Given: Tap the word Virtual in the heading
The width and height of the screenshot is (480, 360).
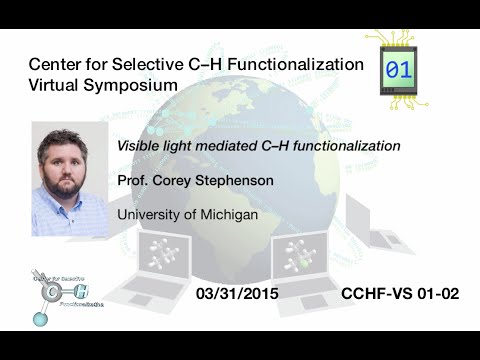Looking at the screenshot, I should (58, 86).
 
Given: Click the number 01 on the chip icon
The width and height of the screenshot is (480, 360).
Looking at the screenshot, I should (399, 70).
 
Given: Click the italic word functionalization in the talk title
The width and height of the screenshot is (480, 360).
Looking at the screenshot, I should (343, 146).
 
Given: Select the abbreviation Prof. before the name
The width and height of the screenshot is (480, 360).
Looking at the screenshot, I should (135, 181).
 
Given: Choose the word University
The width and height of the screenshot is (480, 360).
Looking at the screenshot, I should (151, 215).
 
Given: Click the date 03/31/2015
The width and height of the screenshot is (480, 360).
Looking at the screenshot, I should (236, 295).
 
